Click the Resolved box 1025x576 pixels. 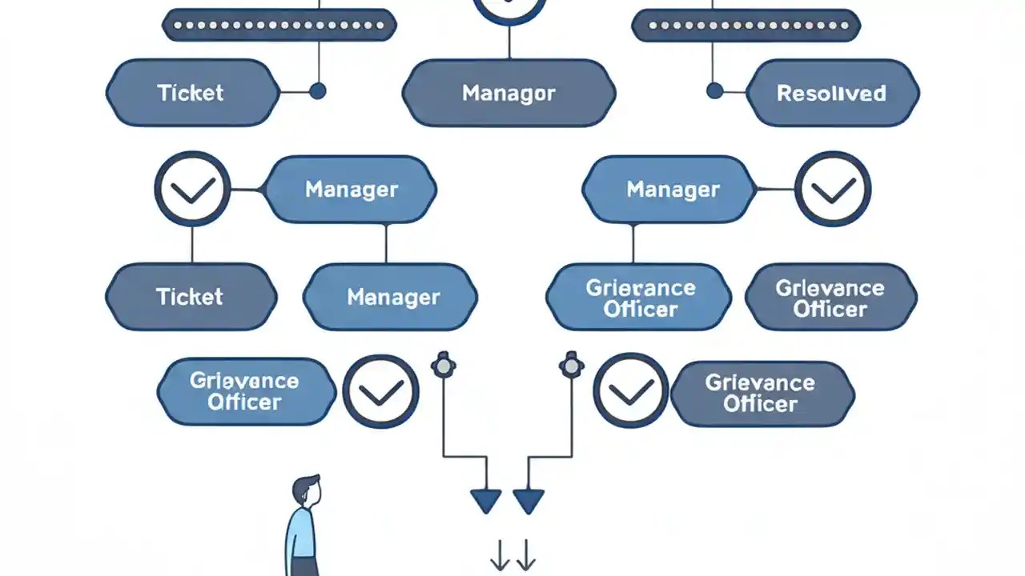pos(832,93)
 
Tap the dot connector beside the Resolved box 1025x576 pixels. pos(714,90)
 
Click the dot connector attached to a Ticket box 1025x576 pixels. pos(317,90)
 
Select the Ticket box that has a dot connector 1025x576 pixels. pos(191,93)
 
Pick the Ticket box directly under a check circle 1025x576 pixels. pos(191,297)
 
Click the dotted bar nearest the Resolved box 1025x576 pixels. pos(746,26)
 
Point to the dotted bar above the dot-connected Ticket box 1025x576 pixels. pos(279,26)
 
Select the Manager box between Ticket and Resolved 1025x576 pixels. pos(508,93)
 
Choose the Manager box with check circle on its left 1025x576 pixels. pos(351,190)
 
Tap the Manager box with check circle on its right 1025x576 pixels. pos(672,190)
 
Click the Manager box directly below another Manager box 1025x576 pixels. pos(392,298)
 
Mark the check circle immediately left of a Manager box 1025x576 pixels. pos(192,190)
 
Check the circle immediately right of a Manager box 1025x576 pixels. pos(834,190)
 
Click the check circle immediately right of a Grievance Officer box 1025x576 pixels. pos(380,391)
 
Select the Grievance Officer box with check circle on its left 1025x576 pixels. pos(761,393)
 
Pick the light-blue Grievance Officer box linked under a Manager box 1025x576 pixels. pos(639,298)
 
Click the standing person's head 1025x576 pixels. pos(306,490)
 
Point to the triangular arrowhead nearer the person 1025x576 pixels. pos(485,502)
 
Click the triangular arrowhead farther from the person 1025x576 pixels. pos(529,502)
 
